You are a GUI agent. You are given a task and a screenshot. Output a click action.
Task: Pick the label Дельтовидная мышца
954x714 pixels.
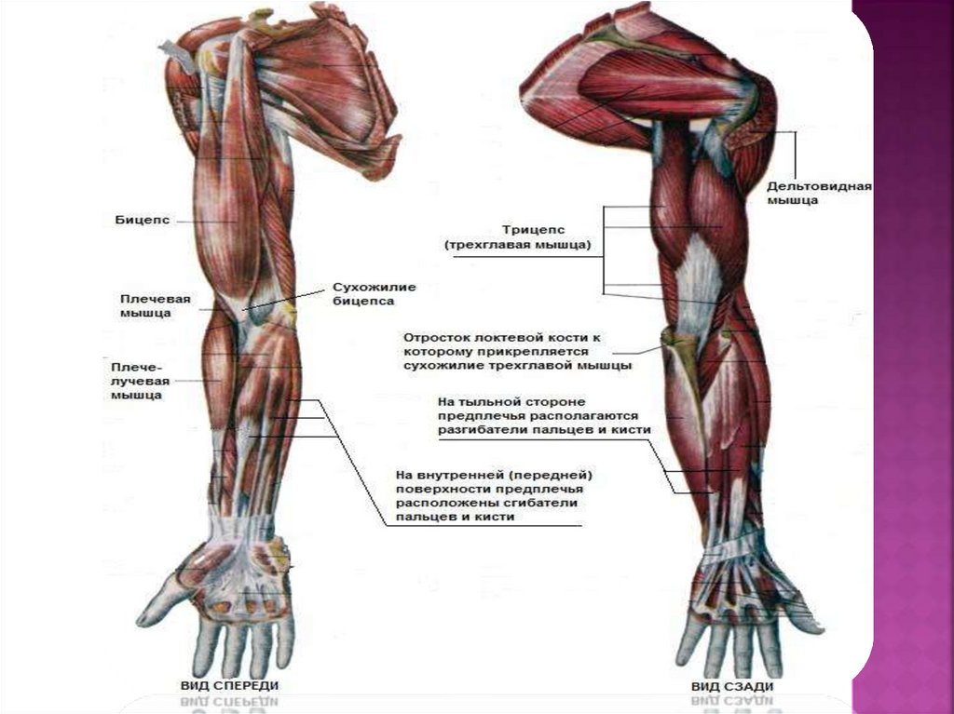click(x=819, y=192)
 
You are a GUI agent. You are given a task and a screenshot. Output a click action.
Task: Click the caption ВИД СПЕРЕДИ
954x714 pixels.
click(x=229, y=685)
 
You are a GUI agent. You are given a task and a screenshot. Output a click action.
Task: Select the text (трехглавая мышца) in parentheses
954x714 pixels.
click(x=524, y=246)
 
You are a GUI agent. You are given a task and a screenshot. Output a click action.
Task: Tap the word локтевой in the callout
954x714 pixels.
click(x=518, y=336)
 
